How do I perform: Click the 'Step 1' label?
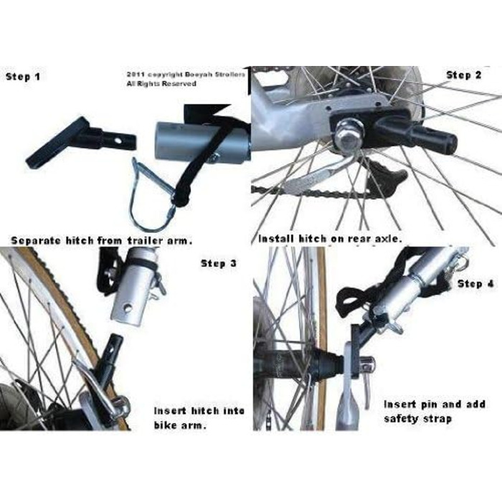23,77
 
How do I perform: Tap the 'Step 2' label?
463,75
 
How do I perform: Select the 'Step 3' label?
219,263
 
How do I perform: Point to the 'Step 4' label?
475,284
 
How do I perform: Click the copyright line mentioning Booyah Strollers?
186,75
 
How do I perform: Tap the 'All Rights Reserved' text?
161,84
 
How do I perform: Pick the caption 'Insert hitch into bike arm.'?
199,418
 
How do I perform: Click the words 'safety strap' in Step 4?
418,418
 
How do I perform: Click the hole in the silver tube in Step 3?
128,308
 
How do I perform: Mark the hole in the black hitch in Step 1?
118,141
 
